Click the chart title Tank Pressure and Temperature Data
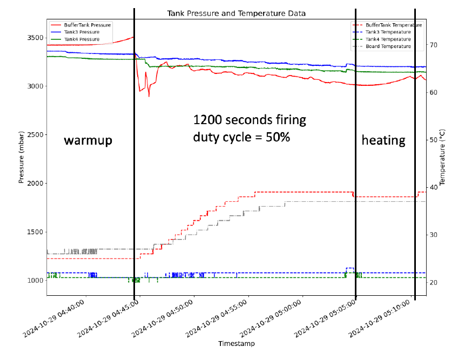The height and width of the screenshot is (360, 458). pyautogui.click(x=236, y=12)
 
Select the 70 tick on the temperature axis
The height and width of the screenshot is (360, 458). pyautogui.click(x=434, y=45)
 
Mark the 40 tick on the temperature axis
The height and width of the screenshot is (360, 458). pyautogui.click(x=434, y=187)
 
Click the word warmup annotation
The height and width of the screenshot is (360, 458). pyautogui.click(x=88, y=140)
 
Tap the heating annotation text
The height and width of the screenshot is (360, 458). pyautogui.click(x=383, y=140)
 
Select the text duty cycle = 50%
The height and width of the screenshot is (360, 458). pyautogui.click(x=241, y=137)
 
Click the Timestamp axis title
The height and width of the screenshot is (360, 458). pyautogui.click(x=236, y=343)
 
